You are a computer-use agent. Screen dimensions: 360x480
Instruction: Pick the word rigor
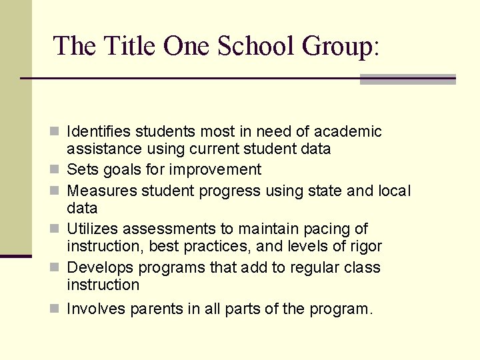click(365, 247)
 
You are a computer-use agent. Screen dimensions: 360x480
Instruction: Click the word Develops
click(99, 267)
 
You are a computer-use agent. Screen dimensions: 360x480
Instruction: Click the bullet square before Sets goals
click(57, 170)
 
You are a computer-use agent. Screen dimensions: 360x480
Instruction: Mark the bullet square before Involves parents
click(57, 309)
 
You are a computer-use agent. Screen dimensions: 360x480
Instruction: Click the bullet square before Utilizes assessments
click(57, 229)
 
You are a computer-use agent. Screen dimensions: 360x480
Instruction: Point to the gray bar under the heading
click(407, 79)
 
